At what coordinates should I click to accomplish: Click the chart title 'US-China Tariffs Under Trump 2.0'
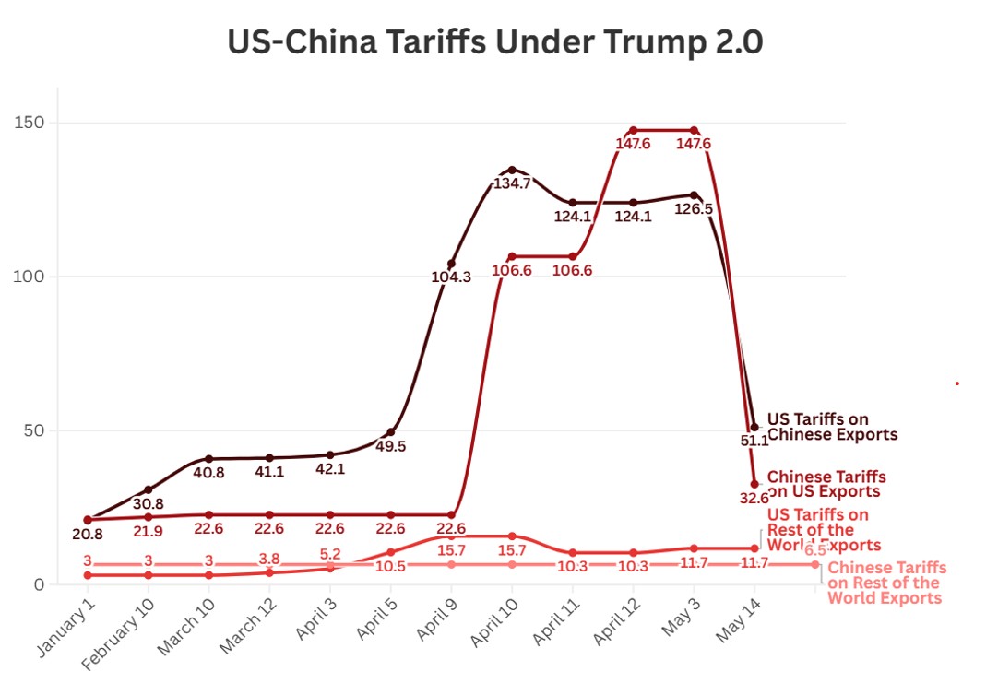(x=495, y=42)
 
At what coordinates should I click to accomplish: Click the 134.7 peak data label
(x=513, y=183)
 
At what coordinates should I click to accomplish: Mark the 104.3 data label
(x=451, y=277)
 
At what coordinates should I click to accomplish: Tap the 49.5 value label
(x=390, y=446)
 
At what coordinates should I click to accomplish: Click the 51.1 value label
(x=754, y=441)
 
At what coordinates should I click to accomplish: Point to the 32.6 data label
(x=754, y=498)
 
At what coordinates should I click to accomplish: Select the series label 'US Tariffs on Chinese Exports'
(x=831, y=427)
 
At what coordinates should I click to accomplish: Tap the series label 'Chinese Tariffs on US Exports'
(x=826, y=484)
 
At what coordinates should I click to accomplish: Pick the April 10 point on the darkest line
(x=512, y=170)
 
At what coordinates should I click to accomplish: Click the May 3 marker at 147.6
(x=694, y=130)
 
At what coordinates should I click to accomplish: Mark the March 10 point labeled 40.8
(x=209, y=458)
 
